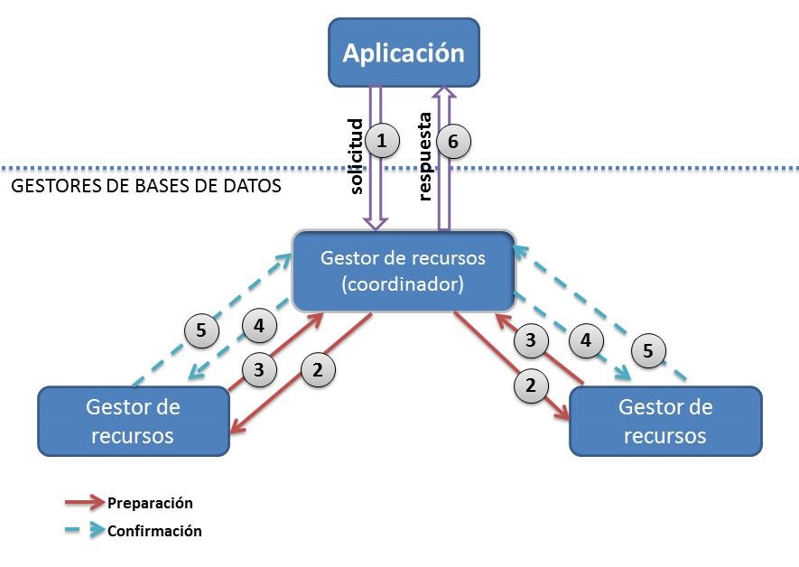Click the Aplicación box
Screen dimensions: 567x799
[x=403, y=52]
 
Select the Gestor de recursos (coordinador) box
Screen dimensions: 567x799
[x=403, y=271]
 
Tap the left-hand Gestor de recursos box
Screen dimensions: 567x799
[x=133, y=421]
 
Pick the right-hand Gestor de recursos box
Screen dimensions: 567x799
[x=664, y=421]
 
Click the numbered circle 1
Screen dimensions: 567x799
[x=382, y=141]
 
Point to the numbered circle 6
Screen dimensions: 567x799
[x=453, y=141]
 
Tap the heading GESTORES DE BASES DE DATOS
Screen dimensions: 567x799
[x=145, y=188]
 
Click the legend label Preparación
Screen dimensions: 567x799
[x=150, y=503]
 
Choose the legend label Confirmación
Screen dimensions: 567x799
[x=154, y=531]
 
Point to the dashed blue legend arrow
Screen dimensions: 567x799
[x=84, y=531]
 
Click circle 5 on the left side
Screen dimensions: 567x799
[x=201, y=330]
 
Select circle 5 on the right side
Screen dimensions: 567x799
[x=648, y=351]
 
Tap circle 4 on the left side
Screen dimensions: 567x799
[x=259, y=326]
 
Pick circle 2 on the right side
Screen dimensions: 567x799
[x=531, y=385]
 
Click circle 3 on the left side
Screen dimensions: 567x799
[x=259, y=367]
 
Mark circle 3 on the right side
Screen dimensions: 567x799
[x=531, y=339]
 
